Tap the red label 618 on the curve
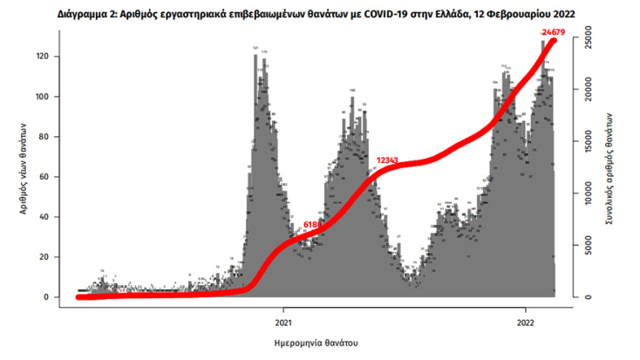click(x=311, y=225)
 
